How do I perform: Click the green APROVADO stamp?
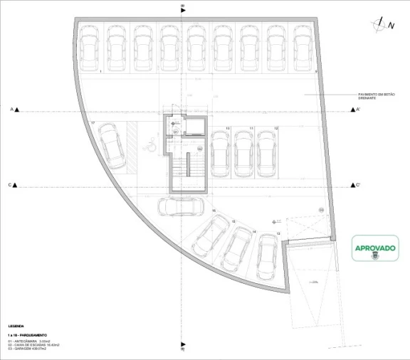pyautogui.click(x=375, y=250)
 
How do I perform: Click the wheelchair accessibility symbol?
pyautogui.click(x=151, y=147)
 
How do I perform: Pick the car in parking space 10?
pyautogui.click(x=219, y=152)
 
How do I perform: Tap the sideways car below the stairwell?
pyautogui.click(x=180, y=206)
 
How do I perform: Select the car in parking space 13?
pyautogui.click(x=268, y=255)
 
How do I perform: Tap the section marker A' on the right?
pyautogui.click(x=357, y=110)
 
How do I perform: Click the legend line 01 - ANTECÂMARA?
pyautogui.click(x=29, y=341)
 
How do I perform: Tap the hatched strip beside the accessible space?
pyautogui.click(x=132, y=145)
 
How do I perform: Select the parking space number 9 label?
pyautogui.click(x=315, y=72)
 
